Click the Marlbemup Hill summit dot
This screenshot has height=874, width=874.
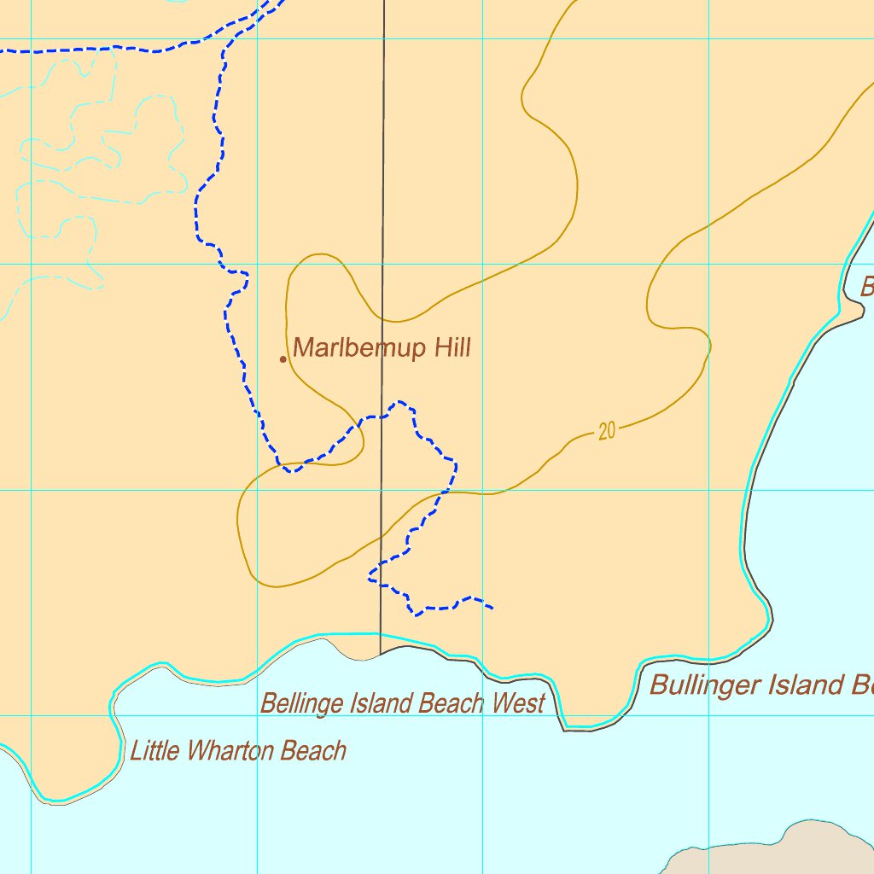pos(283,359)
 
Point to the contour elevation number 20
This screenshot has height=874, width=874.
pos(606,432)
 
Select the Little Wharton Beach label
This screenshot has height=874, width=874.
pos(238,751)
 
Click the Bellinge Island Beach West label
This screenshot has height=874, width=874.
pos(402,704)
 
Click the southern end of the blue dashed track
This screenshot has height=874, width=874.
pos(493,609)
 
